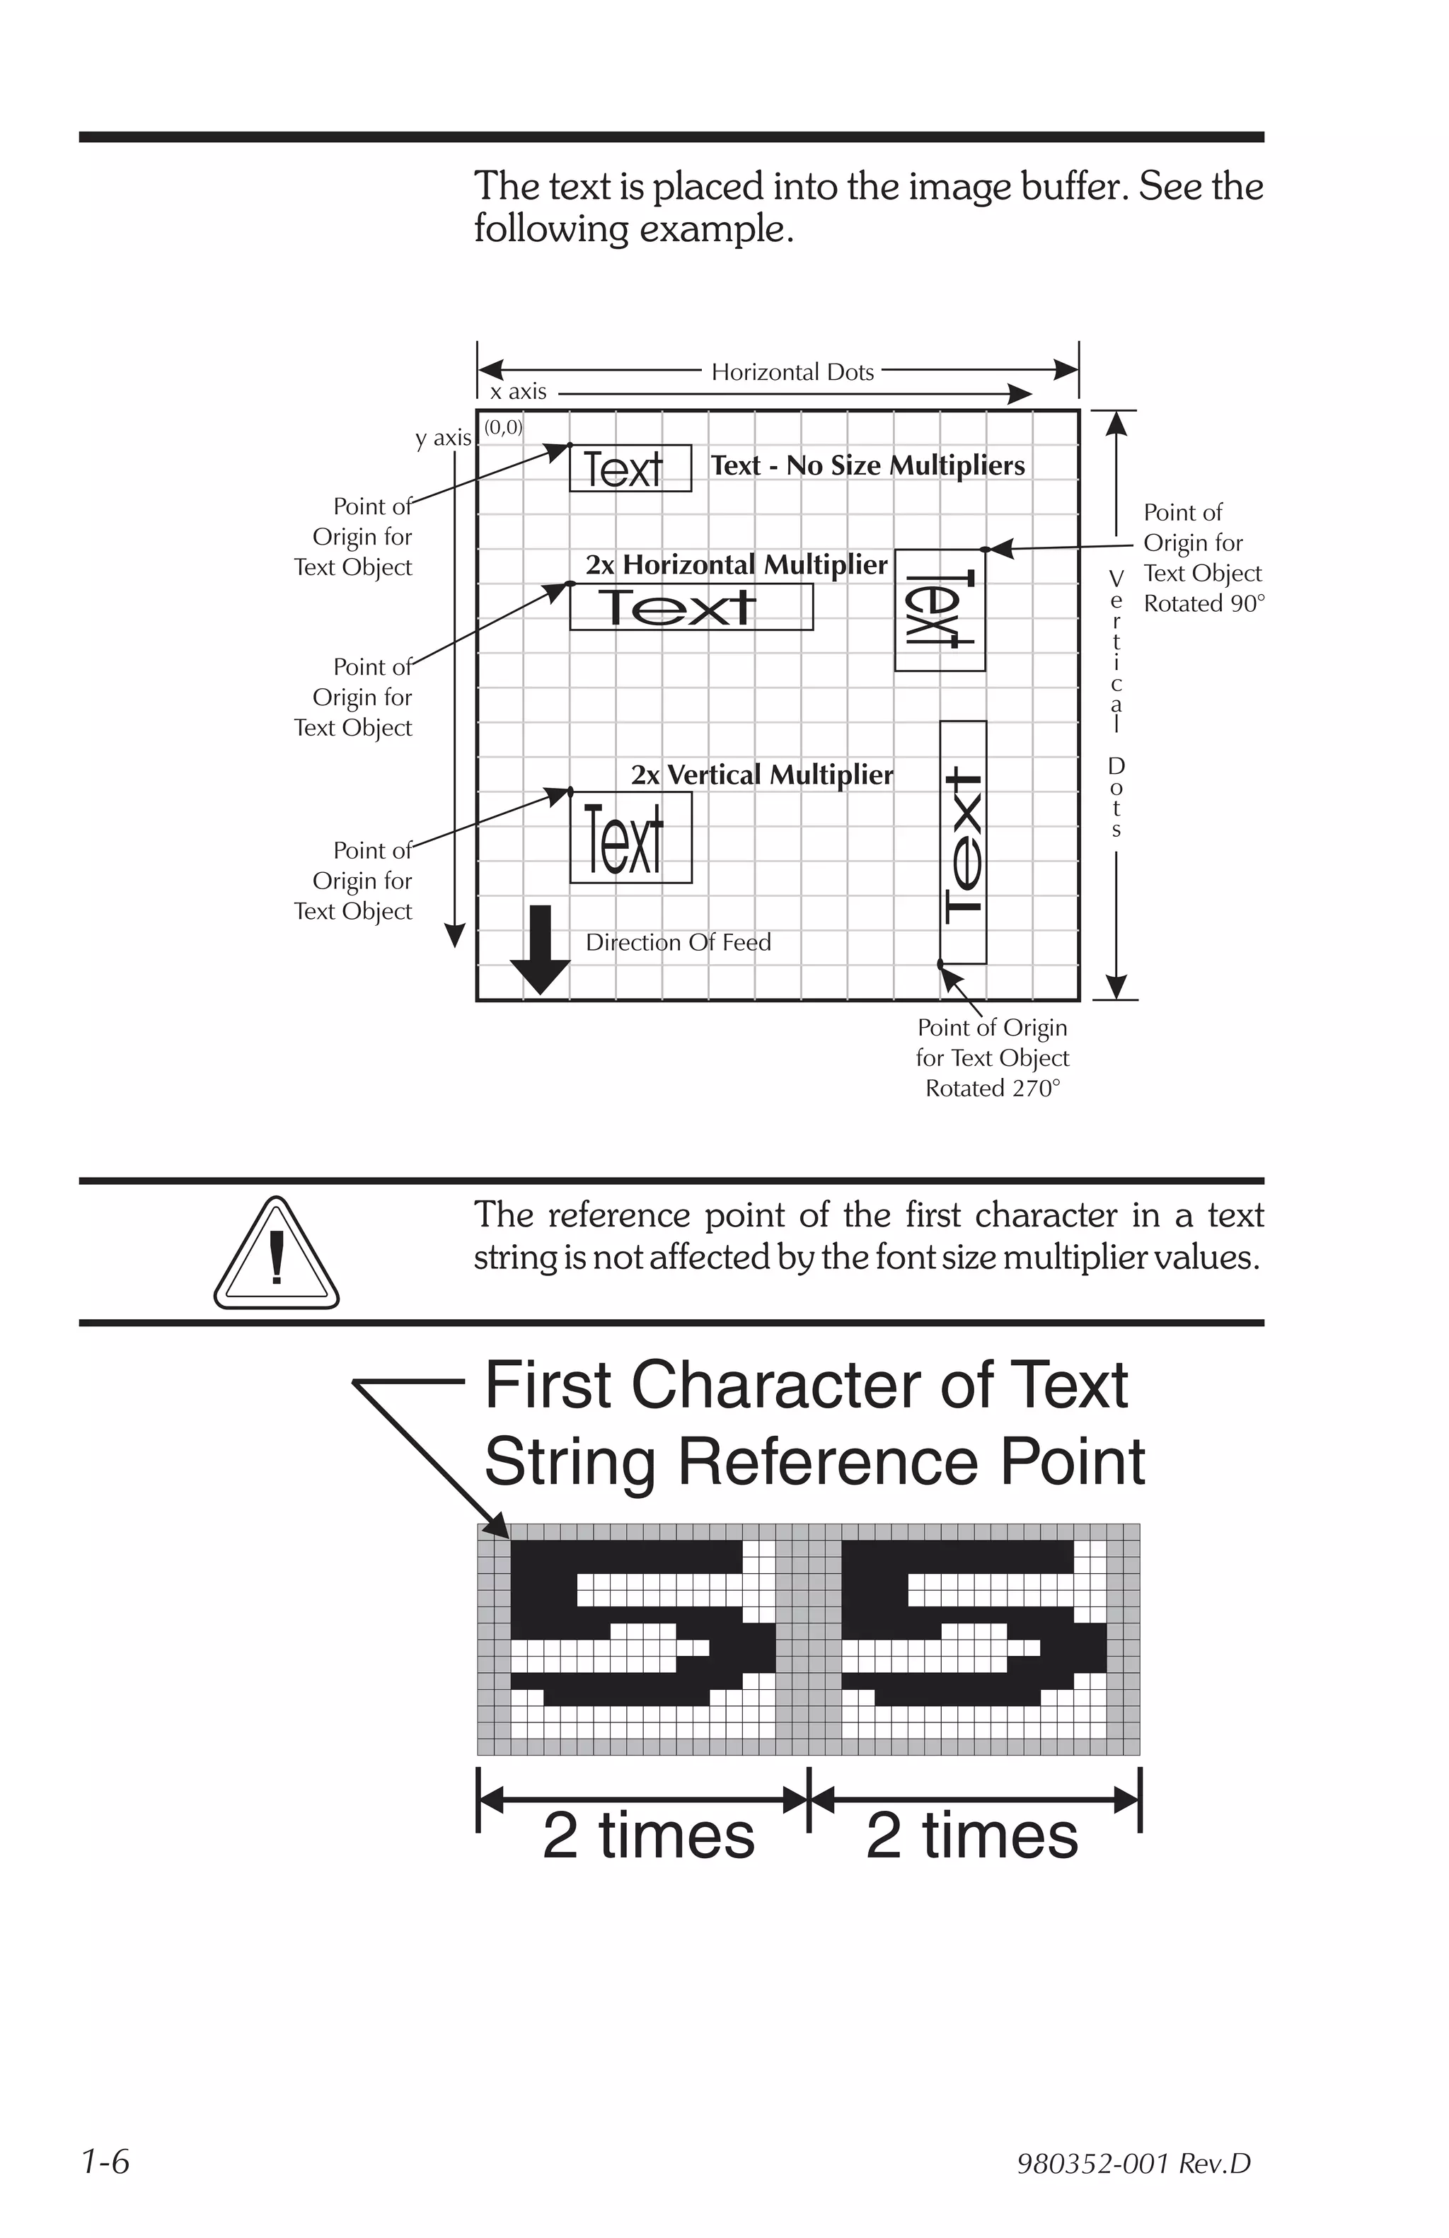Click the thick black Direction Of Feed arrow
[540, 951]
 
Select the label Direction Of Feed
[678, 942]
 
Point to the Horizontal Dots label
[792, 372]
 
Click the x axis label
[518, 392]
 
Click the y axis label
[443, 439]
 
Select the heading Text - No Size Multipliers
[867, 465]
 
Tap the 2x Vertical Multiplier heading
[761, 775]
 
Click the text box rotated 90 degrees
[940, 610]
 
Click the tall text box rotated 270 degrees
[963, 842]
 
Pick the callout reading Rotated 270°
[992, 1088]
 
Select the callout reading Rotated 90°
[1203, 603]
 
